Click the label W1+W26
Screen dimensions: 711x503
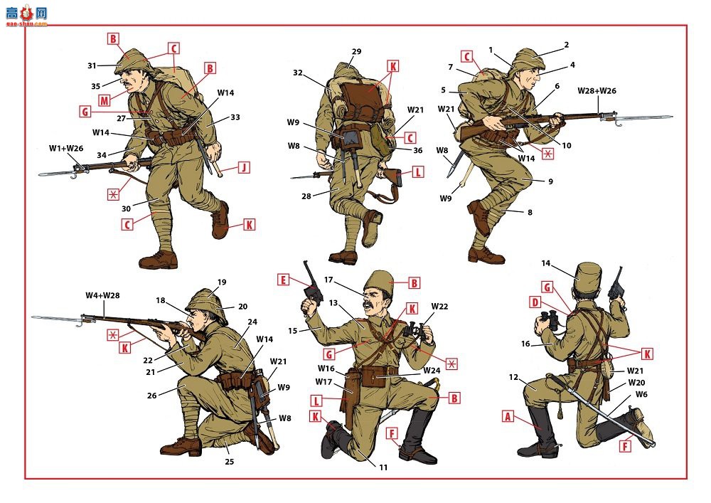coord(66,148)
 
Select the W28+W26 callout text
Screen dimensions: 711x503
coord(597,91)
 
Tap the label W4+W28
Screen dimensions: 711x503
coord(102,295)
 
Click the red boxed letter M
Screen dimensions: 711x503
coord(105,100)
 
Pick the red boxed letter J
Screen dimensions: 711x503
coord(244,167)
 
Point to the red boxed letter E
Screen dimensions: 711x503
coord(283,280)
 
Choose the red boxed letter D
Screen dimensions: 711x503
coord(535,302)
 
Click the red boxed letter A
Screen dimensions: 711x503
coord(508,416)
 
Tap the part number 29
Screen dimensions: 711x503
coord(356,51)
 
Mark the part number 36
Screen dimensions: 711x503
coord(417,150)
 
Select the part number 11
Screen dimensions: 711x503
coord(383,467)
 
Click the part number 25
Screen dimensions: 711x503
coord(230,461)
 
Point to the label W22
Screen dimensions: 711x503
coord(439,306)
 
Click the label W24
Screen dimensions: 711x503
coord(432,370)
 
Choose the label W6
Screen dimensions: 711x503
coord(641,394)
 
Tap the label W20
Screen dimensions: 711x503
coord(636,382)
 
